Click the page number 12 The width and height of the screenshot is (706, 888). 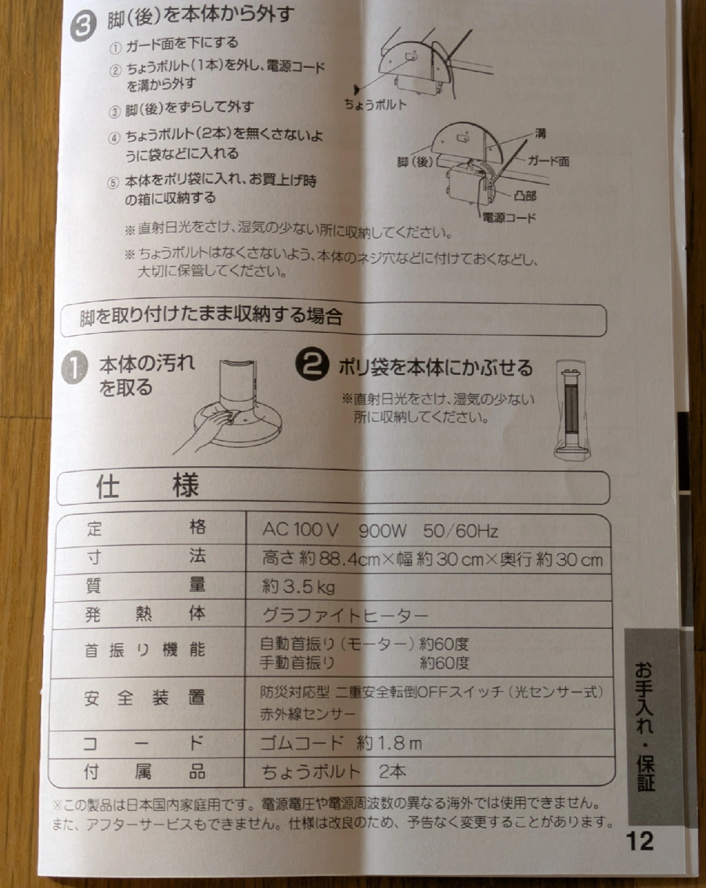[x=640, y=841]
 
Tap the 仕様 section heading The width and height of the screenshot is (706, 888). [x=148, y=486]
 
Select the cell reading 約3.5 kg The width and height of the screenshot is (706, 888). [x=298, y=586]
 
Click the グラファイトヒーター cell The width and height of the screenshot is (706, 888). [x=346, y=616]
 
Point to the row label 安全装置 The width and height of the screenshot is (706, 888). [x=144, y=698]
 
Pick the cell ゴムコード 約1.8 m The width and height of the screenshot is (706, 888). [x=341, y=743]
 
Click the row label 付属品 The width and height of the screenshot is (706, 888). [x=144, y=771]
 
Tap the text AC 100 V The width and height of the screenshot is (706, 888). [x=300, y=530]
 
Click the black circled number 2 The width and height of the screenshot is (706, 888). [x=312, y=364]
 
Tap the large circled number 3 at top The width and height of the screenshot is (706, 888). [x=83, y=27]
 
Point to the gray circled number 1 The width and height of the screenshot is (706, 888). [x=75, y=368]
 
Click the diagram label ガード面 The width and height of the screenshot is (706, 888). [x=548, y=161]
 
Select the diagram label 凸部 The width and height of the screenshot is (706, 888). [x=525, y=195]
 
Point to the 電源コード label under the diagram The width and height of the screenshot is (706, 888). [x=509, y=218]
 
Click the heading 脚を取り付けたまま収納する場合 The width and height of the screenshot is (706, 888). [x=211, y=317]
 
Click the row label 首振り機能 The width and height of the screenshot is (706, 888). [x=144, y=651]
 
